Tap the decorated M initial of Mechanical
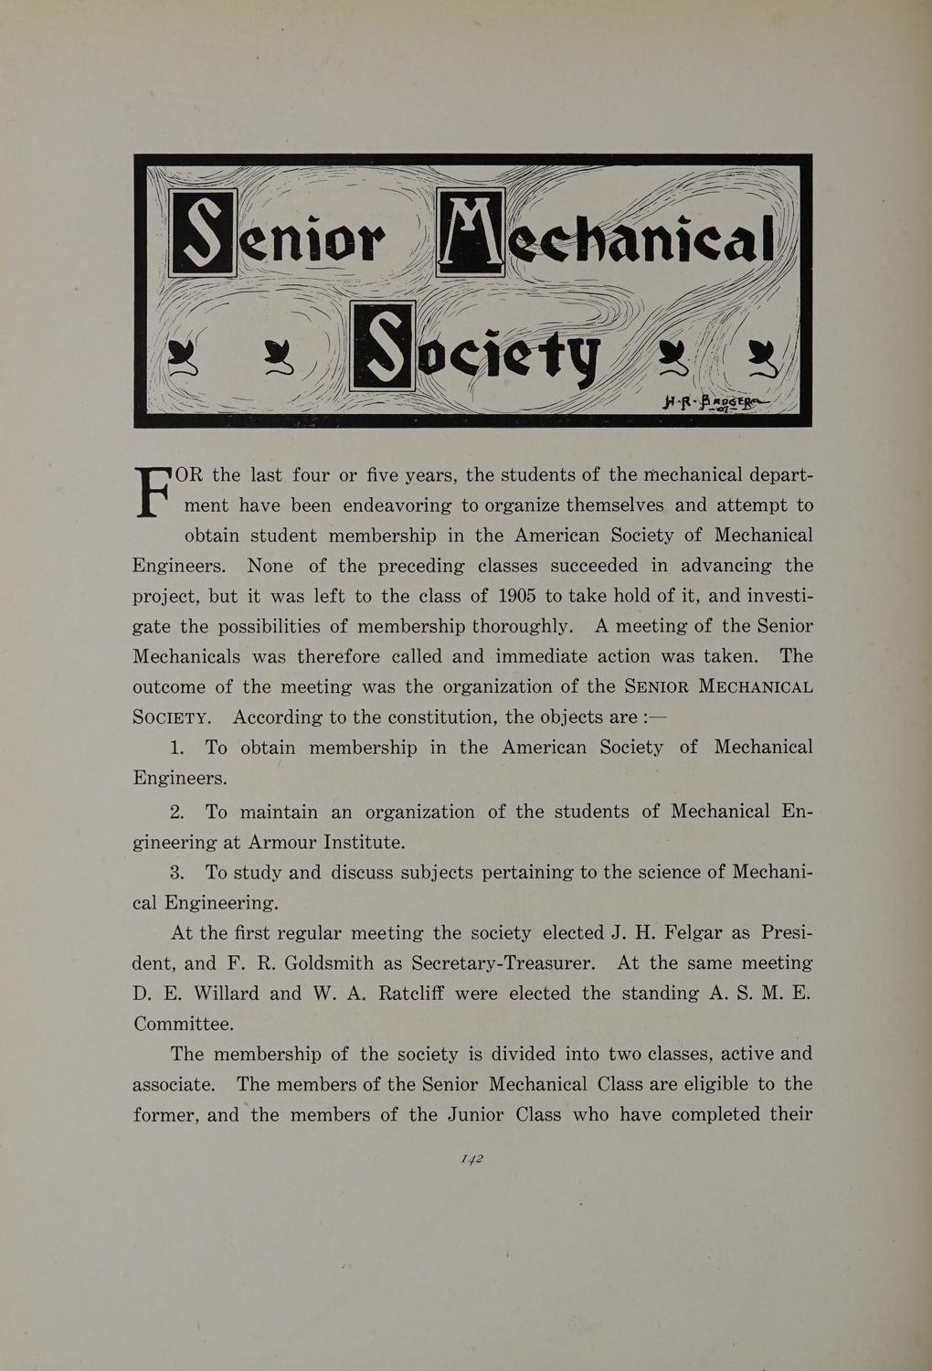point(472,231)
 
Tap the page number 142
point(471,1158)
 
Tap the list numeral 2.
point(178,812)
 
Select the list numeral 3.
point(178,872)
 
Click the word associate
point(174,1085)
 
